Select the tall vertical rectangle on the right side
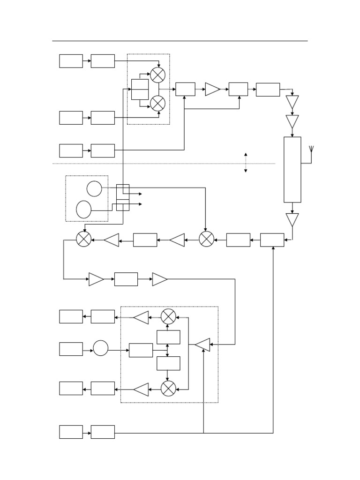click(x=292, y=169)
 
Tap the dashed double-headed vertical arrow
click(x=246, y=163)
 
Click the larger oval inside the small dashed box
click(x=84, y=209)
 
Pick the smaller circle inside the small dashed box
click(x=94, y=188)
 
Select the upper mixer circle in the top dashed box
click(x=157, y=75)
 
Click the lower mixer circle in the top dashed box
click(x=157, y=103)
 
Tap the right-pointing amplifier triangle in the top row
click(x=212, y=89)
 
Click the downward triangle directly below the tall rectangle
click(x=292, y=219)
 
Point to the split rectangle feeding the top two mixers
click(x=140, y=89)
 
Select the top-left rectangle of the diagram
click(x=71, y=61)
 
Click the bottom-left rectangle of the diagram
click(x=71, y=432)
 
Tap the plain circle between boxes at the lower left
click(x=100, y=348)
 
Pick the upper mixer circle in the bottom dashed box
click(x=168, y=317)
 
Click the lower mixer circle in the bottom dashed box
click(x=168, y=388)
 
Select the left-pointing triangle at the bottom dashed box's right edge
click(x=203, y=345)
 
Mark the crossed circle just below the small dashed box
click(x=84, y=240)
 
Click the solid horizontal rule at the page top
click(x=180, y=41)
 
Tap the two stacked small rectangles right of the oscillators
click(x=123, y=197)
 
